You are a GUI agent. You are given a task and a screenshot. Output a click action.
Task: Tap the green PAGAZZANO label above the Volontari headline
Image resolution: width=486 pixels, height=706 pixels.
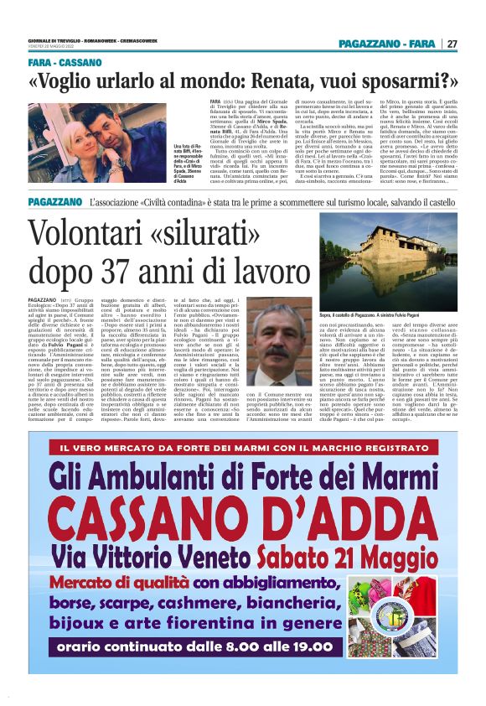(54, 202)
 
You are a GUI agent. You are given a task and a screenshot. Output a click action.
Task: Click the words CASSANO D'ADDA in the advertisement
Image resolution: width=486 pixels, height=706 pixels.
(242, 512)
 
